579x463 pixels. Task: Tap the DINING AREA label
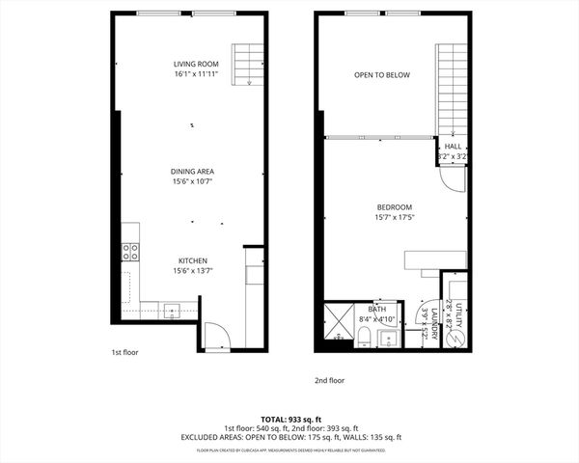click(192, 171)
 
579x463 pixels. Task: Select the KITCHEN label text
click(192, 260)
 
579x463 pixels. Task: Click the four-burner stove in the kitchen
click(129, 252)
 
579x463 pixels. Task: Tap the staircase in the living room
click(248, 64)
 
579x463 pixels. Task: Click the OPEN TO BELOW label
click(381, 74)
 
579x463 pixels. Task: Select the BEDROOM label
click(394, 207)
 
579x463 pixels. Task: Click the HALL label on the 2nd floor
click(452, 147)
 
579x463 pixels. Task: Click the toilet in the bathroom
click(365, 337)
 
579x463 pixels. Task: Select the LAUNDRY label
click(434, 323)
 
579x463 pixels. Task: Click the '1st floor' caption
click(124, 353)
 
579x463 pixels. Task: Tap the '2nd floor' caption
click(329, 380)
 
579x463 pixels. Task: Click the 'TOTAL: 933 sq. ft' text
click(289, 419)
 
